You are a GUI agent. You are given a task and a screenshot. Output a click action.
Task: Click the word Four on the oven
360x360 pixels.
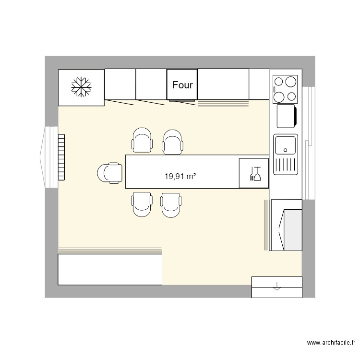pos(182,85)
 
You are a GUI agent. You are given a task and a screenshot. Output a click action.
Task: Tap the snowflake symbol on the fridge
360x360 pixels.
pos(81,87)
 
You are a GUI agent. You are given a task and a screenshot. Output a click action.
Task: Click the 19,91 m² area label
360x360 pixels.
pos(180,176)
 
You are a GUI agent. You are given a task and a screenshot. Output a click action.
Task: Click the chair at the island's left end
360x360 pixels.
pos(110,173)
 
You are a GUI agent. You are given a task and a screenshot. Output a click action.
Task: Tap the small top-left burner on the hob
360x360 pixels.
pos(278,80)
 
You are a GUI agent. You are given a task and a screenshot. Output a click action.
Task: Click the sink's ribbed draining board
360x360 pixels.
pos(286,165)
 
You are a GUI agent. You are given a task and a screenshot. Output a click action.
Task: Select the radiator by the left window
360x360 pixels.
pos(61,156)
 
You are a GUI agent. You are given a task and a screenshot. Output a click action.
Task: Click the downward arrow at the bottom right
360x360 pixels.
pos(276,287)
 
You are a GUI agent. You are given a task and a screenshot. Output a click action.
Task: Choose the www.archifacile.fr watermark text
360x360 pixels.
pos(330,343)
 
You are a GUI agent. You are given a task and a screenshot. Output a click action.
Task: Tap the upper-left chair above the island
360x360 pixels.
pos(143,141)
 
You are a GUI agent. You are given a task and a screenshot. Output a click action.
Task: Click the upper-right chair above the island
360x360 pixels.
pos(173,142)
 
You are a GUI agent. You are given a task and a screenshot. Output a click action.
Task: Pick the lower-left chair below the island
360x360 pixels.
pos(142,204)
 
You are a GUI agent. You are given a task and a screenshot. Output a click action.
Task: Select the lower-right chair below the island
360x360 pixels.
pos(171,204)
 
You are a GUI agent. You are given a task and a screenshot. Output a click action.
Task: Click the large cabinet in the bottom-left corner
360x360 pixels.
pos(110,269)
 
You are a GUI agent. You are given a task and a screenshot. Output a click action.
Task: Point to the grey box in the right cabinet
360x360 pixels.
pos(291,229)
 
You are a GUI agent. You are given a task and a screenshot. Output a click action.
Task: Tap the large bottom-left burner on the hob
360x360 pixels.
pos(279,96)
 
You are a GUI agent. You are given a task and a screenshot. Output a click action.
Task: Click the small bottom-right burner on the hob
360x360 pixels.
pos(291,96)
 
